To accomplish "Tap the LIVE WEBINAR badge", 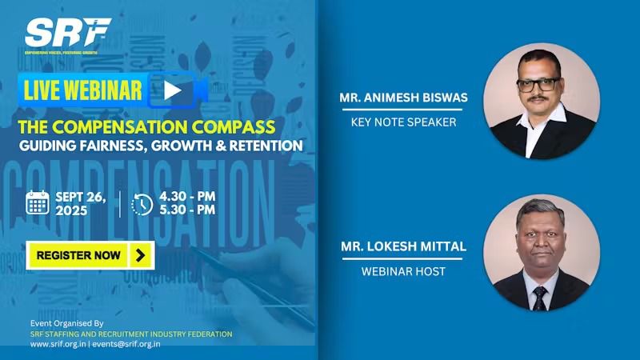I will pyautogui.click(x=83, y=90).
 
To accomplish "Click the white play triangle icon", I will pyautogui.click(x=173, y=90).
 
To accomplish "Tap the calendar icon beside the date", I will pyautogui.click(x=38, y=203).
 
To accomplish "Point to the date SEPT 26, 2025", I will pyautogui.click(x=83, y=203).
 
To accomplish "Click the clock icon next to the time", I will pyautogui.click(x=142, y=204).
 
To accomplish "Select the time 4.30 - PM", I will pyautogui.click(x=187, y=196).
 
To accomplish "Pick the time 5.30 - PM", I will pyautogui.click(x=187, y=210).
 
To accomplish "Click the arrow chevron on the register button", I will pyautogui.click(x=141, y=255).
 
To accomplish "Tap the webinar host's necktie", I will pyautogui.click(x=541, y=297).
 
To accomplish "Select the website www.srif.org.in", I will pyautogui.click(x=58, y=344).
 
